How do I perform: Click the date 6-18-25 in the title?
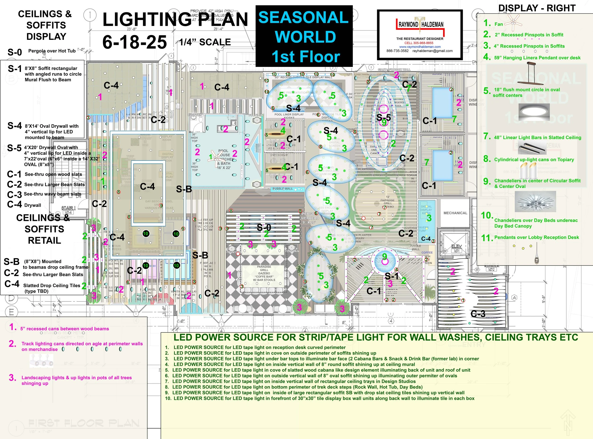click(135, 42)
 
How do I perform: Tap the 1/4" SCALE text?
click(205, 42)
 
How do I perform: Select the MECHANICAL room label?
click(455, 213)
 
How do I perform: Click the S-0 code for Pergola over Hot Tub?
click(15, 52)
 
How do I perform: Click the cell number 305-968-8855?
click(419, 43)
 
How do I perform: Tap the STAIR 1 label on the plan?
click(69, 208)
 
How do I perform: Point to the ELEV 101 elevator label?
click(456, 248)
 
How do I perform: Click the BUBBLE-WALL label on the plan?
click(283, 189)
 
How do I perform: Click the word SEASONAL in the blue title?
click(303, 17)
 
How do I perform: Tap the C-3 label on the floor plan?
click(478, 314)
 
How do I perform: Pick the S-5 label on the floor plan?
click(384, 117)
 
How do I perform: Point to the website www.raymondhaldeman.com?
click(420, 47)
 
